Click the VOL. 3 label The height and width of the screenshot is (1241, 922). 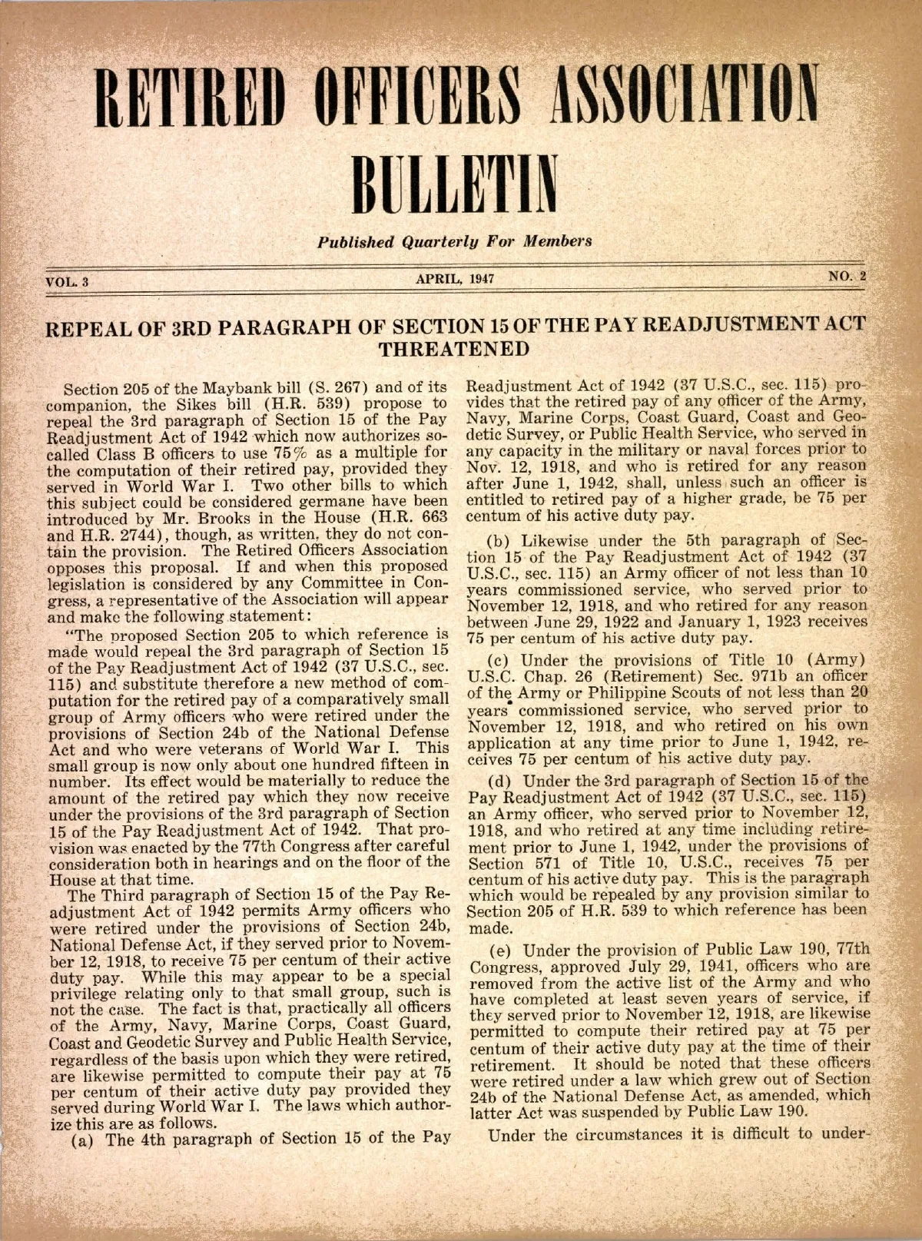(68, 280)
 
